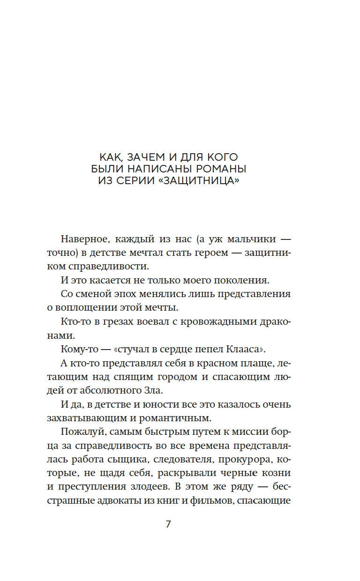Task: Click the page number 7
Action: (x=168, y=524)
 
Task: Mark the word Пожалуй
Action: (x=81, y=432)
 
